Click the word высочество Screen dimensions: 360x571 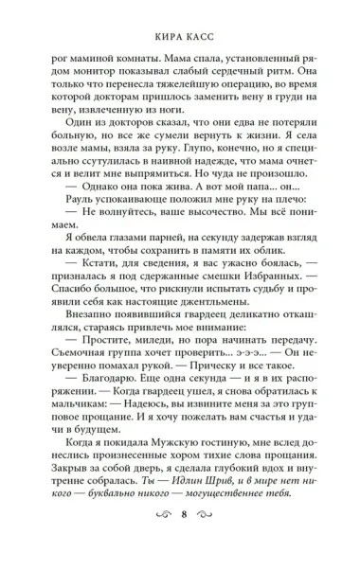[189, 252]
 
